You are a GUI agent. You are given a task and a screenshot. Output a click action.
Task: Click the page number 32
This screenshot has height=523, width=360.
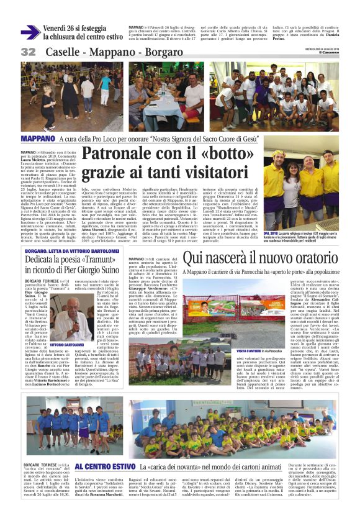(28, 52)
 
